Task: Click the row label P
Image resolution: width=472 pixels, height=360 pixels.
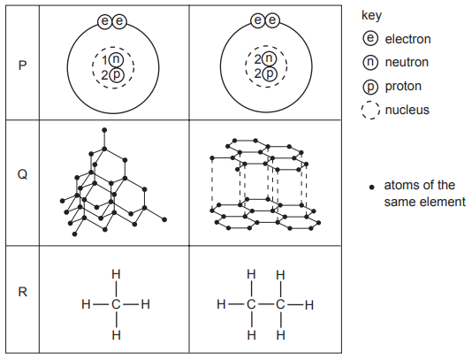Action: [23, 65]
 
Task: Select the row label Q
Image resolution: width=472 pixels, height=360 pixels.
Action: [23, 174]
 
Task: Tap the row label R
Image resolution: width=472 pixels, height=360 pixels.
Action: [23, 292]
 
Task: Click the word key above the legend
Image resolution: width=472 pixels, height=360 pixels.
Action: [371, 15]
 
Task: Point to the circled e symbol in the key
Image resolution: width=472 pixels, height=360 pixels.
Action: [370, 38]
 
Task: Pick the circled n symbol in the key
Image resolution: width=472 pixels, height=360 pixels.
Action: [370, 62]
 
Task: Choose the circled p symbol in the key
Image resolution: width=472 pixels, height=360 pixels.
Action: [370, 87]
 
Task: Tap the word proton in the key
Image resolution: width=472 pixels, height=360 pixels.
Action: [403, 87]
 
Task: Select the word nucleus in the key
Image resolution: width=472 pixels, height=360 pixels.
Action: [407, 110]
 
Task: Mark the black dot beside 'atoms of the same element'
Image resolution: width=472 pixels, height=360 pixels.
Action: [372, 188]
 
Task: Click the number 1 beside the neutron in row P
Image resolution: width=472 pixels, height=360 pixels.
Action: [104, 60]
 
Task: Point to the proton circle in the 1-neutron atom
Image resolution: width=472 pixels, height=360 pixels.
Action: [117, 74]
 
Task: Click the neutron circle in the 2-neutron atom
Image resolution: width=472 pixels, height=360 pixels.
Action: [269, 58]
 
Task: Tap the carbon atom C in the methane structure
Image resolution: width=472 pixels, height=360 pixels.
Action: [116, 304]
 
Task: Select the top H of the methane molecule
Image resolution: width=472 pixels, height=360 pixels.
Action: [116, 274]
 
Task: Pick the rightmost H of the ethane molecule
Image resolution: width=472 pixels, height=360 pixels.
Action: [309, 305]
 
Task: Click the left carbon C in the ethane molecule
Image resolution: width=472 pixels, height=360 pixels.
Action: [251, 304]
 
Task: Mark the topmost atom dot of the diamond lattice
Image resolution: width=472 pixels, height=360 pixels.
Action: [104, 130]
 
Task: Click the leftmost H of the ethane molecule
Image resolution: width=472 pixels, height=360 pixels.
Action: [221, 304]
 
